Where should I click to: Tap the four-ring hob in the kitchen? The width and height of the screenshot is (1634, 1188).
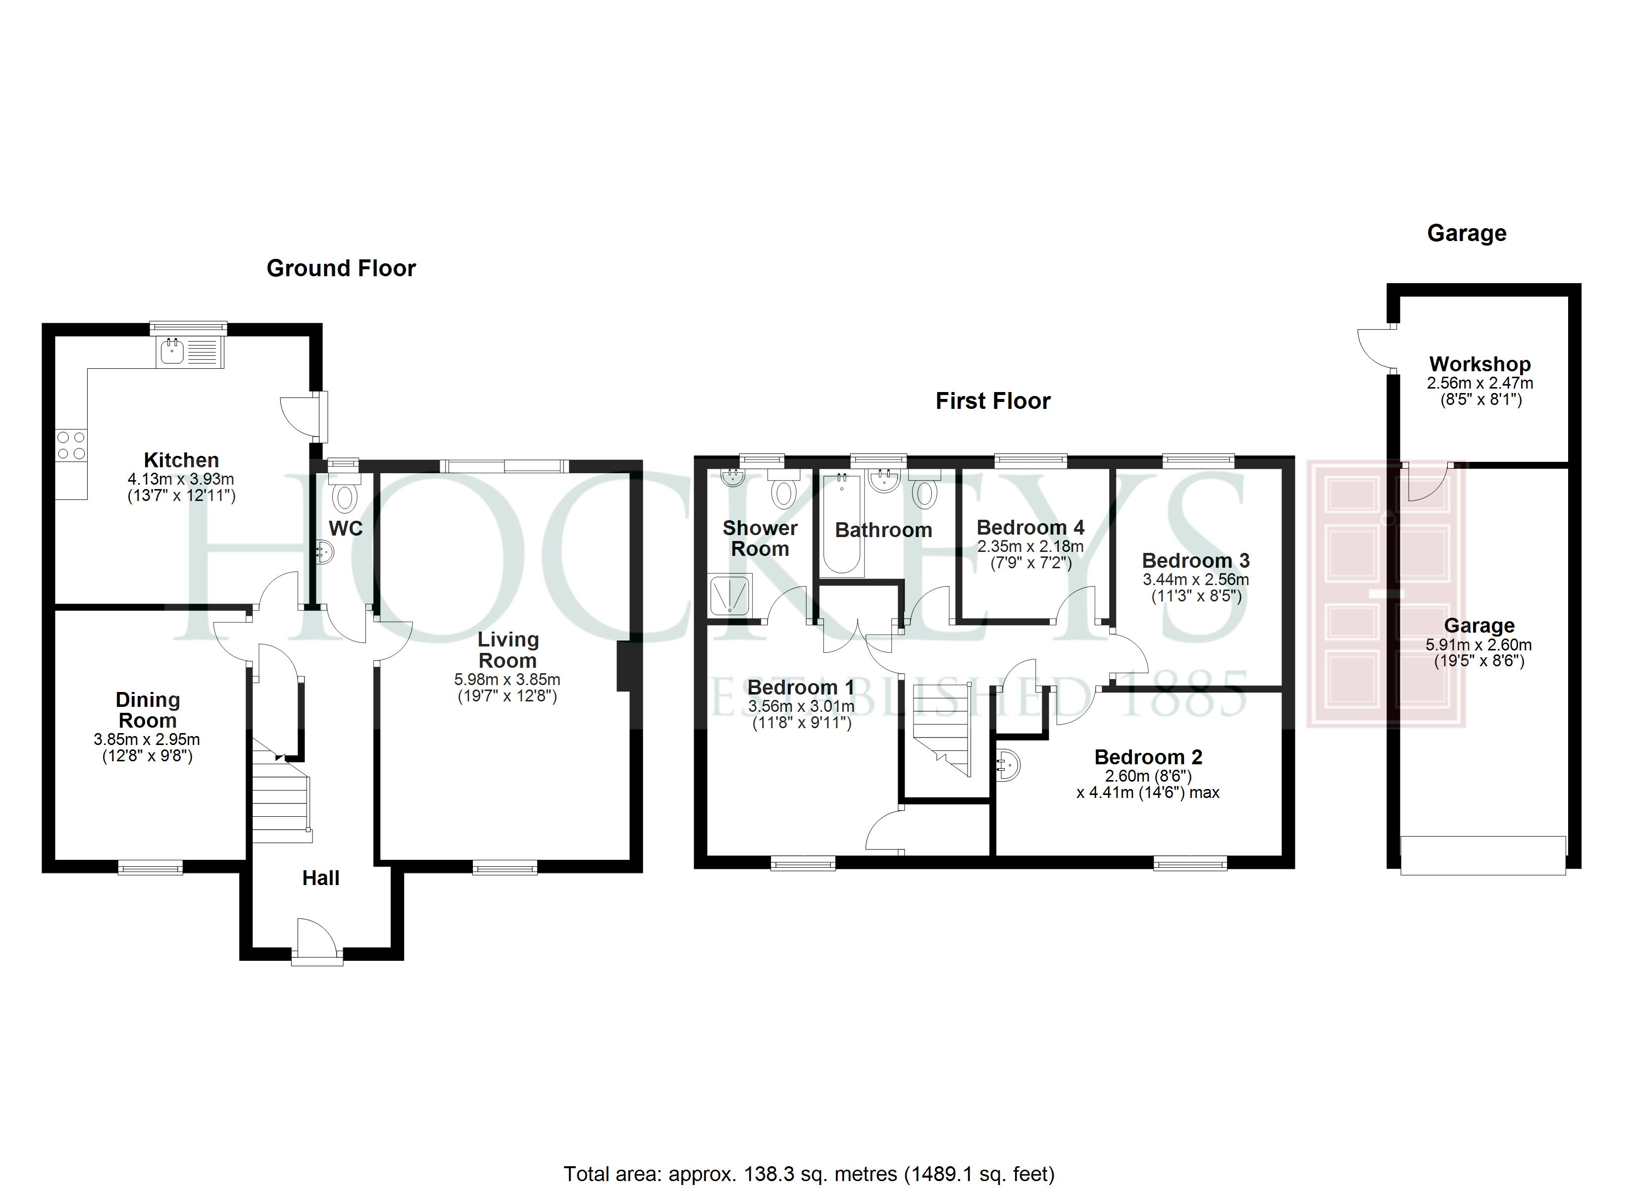click(71, 445)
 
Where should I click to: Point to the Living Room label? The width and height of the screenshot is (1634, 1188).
click(508, 650)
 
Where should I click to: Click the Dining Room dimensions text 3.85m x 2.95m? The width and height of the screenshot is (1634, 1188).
click(147, 739)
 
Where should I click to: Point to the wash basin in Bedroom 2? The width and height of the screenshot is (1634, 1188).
click(1008, 765)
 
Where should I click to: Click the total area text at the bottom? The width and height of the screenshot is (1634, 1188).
click(809, 1174)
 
